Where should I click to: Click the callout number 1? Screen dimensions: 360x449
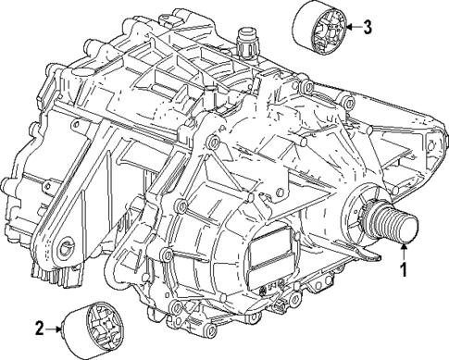pos(403,270)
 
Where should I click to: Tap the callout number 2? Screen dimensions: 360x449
pos(39,327)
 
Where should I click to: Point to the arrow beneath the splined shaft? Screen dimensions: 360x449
pos(403,248)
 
